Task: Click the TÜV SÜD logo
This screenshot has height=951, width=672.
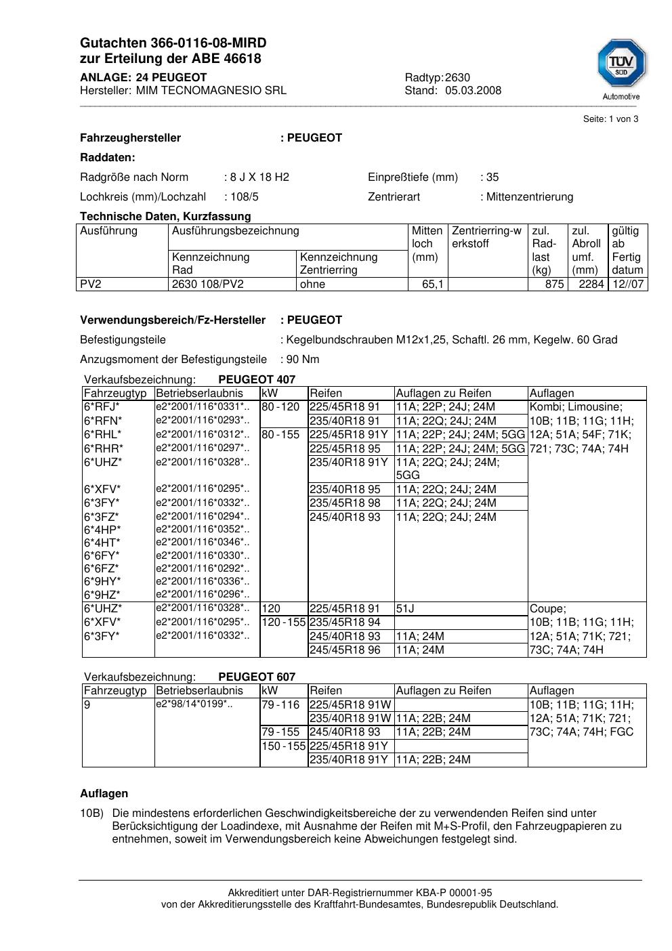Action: click(x=621, y=64)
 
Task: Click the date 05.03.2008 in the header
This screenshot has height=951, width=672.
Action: click(x=473, y=91)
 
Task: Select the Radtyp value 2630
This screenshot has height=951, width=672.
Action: click(x=457, y=77)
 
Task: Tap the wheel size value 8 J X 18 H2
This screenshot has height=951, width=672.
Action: click(x=259, y=177)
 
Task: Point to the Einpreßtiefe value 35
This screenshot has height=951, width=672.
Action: click(x=492, y=177)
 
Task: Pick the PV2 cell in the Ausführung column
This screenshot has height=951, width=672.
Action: click(x=91, y=284)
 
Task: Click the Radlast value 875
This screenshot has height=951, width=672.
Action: click(x=554, y=284)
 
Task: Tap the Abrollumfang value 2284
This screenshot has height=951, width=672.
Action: click(x=591, y=284)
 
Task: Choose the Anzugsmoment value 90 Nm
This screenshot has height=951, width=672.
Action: click(x=303, y=360)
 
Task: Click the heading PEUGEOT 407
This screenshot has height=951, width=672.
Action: click(x=257, y=380)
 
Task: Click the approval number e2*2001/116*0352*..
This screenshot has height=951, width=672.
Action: click(x=203, y=529)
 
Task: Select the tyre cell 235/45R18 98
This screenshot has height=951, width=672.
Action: click(x=345, y=503)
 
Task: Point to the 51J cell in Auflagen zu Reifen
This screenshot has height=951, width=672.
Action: click(x=405, y=609)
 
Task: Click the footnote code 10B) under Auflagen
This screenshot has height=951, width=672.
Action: click(x=91, y=813)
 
